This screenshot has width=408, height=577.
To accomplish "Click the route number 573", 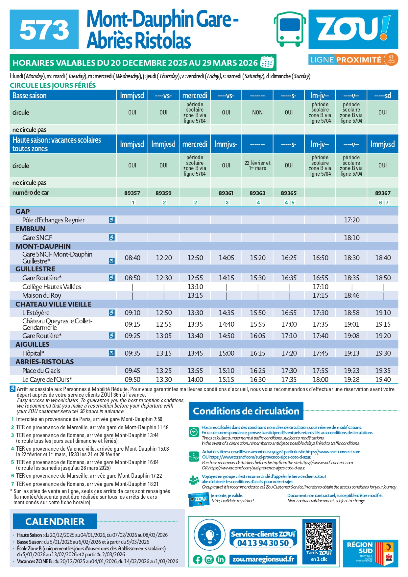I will (44, 30).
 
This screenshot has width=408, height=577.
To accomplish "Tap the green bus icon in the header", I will (290, 29).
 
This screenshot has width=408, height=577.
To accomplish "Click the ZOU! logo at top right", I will (353, 29).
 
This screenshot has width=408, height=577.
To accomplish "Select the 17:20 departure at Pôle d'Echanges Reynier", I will (351, 220).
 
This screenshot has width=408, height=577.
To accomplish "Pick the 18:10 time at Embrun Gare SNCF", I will (351, 238).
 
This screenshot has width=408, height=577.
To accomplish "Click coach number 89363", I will (257, 193).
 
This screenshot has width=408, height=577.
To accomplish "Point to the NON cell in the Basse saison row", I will (257, 113).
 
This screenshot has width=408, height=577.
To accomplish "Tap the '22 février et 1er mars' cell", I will (257, 165).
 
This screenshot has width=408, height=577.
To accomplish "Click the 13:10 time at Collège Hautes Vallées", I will (195, 287).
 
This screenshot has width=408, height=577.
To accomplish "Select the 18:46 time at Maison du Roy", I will (351, 295).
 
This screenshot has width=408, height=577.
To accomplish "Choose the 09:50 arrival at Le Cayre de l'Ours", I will (132, 380).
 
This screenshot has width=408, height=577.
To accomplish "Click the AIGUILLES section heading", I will (33, 344).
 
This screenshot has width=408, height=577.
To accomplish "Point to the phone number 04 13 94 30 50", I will (263, 543).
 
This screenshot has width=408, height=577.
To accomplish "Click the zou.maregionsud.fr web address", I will (263, 559).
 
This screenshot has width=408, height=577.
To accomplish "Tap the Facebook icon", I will (198, 559).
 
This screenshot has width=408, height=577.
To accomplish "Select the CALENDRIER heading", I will (55, 522).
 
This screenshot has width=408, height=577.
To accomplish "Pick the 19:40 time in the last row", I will (383, 380).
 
